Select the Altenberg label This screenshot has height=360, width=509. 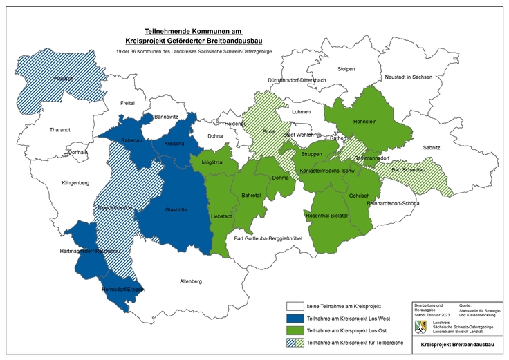(191, 281)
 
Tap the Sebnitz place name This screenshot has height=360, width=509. (432, 148)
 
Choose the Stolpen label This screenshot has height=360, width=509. (346, 69)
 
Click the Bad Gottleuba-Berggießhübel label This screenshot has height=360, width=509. (268, 239)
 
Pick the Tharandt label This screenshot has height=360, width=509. (60, 129)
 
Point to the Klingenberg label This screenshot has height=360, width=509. (76, 183)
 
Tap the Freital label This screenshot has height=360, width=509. (128, 103)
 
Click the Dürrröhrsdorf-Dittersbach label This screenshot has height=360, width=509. (297, 80)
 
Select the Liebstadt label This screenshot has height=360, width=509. (221, 216)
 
